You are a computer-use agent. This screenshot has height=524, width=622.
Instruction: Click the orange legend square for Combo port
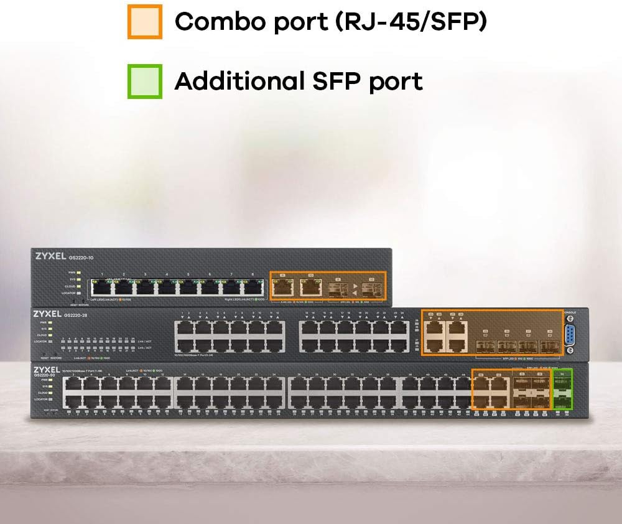(x=145, y=22)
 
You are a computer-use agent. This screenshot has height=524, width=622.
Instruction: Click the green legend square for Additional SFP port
(x=145, y=81)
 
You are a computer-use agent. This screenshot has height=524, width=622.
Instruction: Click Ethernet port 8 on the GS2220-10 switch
(x=253, y=287)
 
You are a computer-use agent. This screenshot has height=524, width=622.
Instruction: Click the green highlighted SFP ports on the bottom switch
(x=562, y=390)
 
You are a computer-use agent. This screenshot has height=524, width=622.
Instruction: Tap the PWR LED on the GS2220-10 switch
(x=80, y=273)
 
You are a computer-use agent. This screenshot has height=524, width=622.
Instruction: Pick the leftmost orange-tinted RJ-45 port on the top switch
(x=284, y=286)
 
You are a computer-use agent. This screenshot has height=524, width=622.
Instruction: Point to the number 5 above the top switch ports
(x=188, y=274)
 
